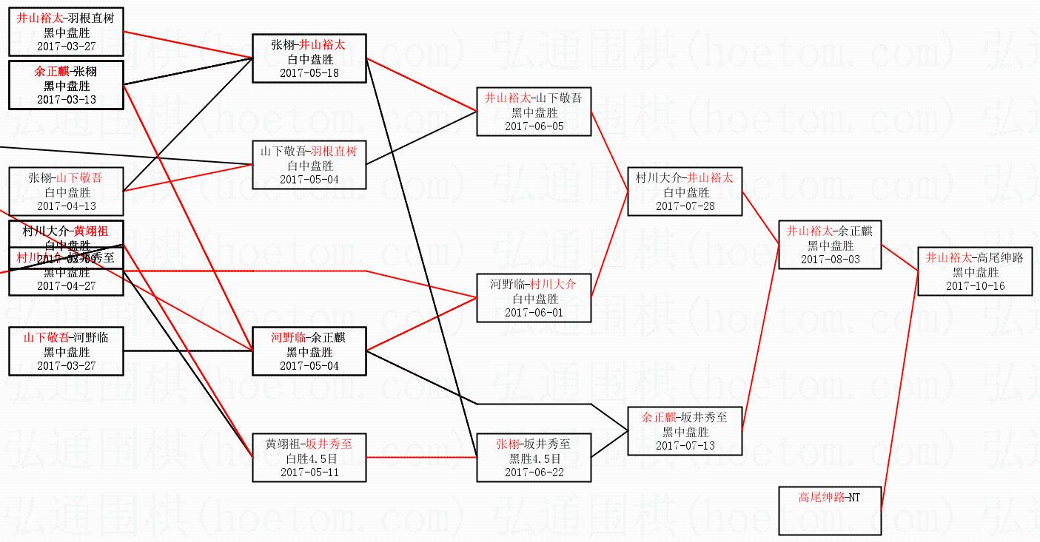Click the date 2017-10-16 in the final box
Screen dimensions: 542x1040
pos(975,286)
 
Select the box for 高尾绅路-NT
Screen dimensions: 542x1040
pos(830,510)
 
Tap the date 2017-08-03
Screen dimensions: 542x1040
pos(830,260)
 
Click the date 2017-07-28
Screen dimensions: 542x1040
pos(685,206)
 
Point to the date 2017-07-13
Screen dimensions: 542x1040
pos(685,446)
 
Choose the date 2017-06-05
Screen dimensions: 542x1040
pos(534,126)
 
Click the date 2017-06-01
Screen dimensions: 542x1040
pos(534,313)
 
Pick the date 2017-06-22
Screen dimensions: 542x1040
pos(534,472)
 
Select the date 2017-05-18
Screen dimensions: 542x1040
pos(309,73)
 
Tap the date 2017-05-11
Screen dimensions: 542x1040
pos(309,472)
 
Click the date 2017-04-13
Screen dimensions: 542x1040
pos(66,206)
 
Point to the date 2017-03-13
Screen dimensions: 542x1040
pos(66,100)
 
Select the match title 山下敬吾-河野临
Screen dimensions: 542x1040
pos(66,338)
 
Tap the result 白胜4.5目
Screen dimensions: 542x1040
pos(309,458)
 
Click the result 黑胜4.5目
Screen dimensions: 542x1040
pos(534,458)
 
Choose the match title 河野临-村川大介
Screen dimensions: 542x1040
pos(534,284)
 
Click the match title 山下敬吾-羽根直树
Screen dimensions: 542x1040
pos(309,152)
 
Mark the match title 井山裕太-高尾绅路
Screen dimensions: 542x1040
pos(975,257)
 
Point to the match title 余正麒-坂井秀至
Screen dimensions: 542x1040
pos(685,417)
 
